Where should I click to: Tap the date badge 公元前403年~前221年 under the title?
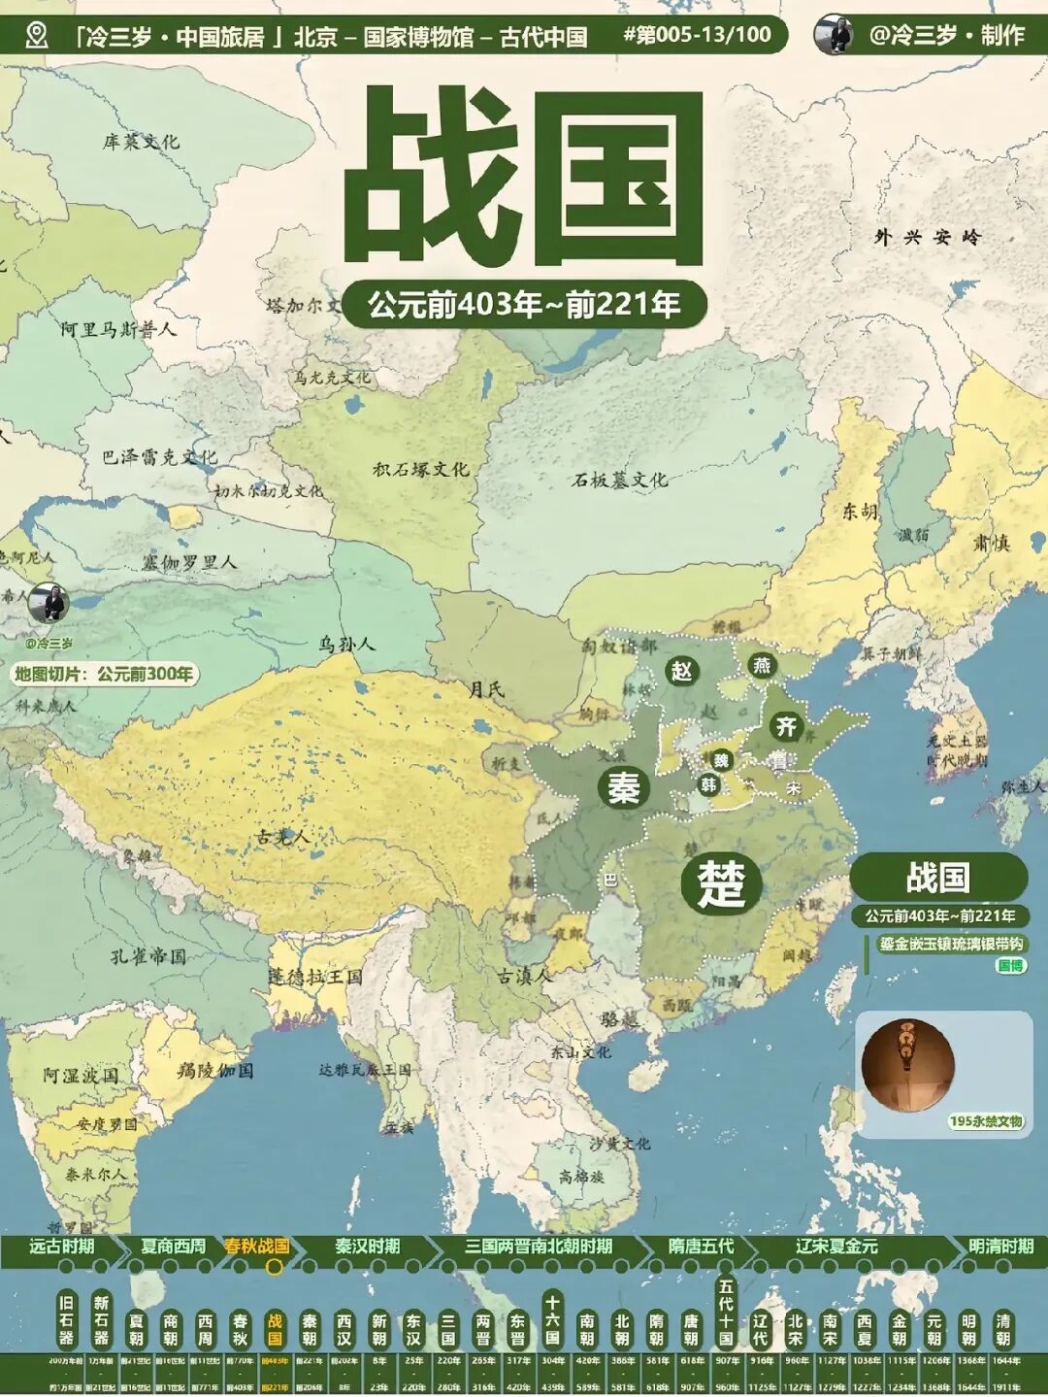524,305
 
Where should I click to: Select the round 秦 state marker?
623,786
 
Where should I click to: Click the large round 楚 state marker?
720,882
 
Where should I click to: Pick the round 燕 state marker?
763,665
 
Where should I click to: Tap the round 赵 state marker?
682,670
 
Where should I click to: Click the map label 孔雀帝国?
147,956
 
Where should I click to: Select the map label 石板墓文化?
619,480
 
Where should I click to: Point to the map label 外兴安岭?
927,236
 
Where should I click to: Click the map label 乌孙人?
346,644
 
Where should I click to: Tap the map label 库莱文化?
141,142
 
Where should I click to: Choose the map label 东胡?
859,512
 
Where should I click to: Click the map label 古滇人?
524,977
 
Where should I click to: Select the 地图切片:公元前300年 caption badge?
104,674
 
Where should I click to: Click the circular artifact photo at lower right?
907,1065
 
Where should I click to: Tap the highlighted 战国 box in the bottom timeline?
275,1327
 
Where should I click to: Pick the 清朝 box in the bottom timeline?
1002,1327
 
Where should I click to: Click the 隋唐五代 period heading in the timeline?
701,1246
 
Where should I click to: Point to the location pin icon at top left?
37,36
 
